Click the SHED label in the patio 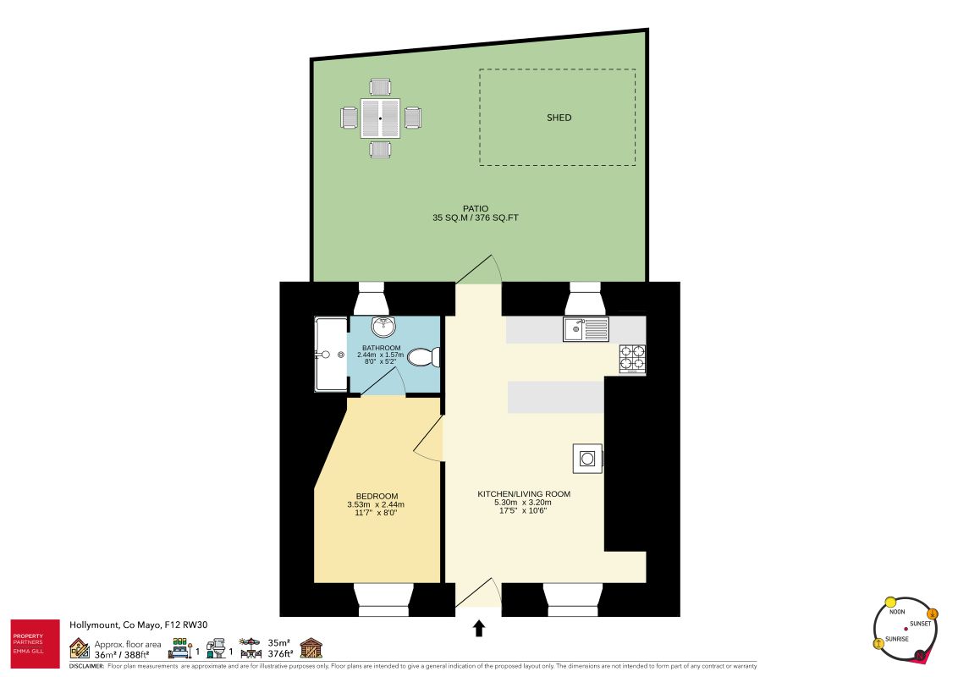click(559, 118)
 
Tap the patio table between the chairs click(380, 118)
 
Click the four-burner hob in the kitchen click(632, 359)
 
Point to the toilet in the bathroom click(421, 358)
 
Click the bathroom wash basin click(384, 327)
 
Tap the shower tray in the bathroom click(331, 355)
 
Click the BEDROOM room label click(377, 496)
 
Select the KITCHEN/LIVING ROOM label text click(524, 494)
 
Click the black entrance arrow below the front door click(478, 627)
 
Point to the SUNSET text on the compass click(920, 624)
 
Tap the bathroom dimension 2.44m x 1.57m click(382, 355)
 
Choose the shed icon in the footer click(311, 648)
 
